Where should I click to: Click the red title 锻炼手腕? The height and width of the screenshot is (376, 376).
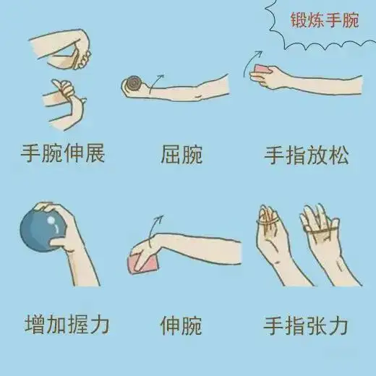click(325, 20)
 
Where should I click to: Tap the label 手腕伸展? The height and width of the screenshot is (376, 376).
click(63, 153)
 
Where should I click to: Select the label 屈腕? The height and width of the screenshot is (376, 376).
click(181, 154)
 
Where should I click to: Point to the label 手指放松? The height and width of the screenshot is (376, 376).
click(307, 155)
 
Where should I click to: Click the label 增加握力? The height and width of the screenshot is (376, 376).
click(67, 324)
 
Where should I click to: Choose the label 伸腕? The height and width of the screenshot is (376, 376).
click(181, 325)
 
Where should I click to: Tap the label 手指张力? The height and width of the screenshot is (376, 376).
click(306, 325)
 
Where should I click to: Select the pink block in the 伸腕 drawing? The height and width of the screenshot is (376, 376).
click(144, 262)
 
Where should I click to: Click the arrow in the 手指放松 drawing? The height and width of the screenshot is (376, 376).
click(251, 62)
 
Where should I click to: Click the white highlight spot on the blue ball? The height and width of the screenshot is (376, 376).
click(51, 220)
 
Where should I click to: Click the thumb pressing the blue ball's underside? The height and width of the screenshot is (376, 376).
click(58, 242)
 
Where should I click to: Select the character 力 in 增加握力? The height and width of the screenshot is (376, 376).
click(99, 325)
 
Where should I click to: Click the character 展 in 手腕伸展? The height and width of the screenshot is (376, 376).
click(95, 153)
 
